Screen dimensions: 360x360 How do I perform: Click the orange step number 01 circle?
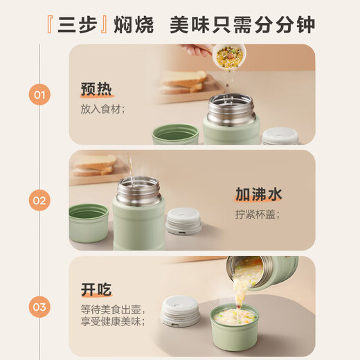pos(39,93)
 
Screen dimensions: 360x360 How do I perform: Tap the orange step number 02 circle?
pos(39,200)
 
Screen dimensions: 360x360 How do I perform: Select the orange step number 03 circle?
pos(39,306)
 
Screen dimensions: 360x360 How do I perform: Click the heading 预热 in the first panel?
pos(96,89)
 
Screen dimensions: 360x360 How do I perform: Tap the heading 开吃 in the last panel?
pos(96,289)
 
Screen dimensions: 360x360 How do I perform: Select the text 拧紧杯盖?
pos(257,214)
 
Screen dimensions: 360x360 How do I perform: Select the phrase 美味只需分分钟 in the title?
pos(242,25)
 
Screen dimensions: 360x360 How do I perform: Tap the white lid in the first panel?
pos(280,135)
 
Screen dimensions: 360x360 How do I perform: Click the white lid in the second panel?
pos(184,221)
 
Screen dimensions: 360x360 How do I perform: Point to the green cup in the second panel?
pos(89,222)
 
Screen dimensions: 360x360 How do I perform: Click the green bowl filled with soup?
pos(235,325)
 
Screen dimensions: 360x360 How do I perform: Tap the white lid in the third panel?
pos(180,311)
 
